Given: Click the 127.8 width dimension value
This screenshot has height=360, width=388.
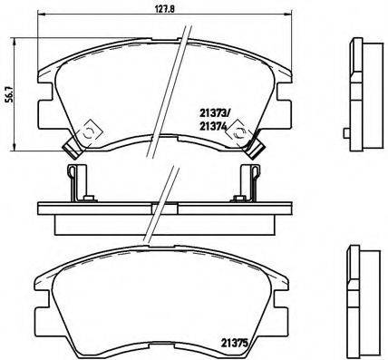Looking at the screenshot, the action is pos(165,9).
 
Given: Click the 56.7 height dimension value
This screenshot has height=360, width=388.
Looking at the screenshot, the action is pos(10,94).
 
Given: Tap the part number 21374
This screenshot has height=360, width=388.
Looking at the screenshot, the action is pos(213,127).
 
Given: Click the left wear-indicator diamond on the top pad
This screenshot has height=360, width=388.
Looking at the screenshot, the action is pos(90,133).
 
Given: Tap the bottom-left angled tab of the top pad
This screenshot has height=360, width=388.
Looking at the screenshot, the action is pos(73,148).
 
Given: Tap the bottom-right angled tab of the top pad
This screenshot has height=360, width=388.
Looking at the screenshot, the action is pos(257,149).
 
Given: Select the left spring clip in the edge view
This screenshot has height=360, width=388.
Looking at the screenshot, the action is pos(75,182).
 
